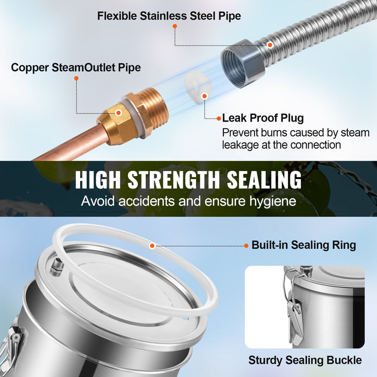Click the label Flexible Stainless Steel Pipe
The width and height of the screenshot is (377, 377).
[x=169, y=16]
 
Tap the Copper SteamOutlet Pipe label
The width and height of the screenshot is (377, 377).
[x=76, y=67]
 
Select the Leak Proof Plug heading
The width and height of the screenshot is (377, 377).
[x=263, y=118]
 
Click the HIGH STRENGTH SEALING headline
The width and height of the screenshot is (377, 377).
[x=188, y=180]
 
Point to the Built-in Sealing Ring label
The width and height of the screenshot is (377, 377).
[x=303, y=245]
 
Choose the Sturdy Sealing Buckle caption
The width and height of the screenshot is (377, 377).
[x=305, y=360]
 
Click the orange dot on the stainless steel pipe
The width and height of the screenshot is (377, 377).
[x=270, y=45]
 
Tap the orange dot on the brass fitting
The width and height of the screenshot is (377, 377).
[x=118, y=113]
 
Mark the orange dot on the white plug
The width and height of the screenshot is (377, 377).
[x=205, y=96]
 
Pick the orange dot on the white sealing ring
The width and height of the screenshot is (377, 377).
[x=152, y=246]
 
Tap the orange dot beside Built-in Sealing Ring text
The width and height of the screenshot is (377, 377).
[x=246, y=246]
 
